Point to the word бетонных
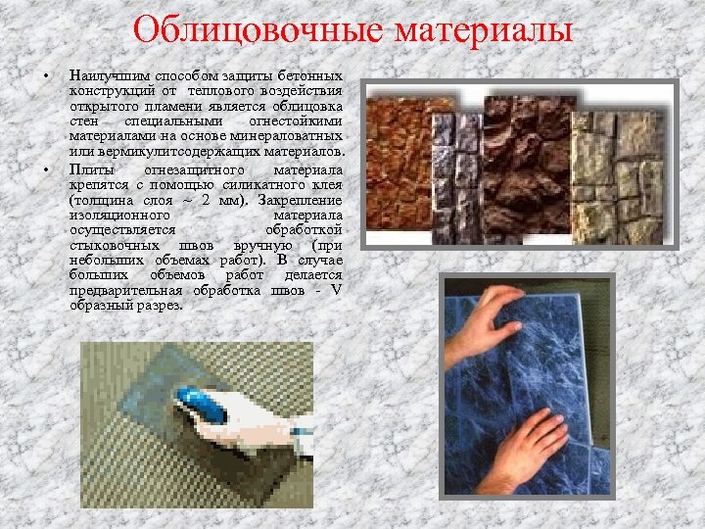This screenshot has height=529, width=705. [309, 75]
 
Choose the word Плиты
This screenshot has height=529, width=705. [89, 168]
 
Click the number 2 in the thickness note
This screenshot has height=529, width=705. [205, 199]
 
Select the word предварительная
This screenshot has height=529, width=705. [125, 290]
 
